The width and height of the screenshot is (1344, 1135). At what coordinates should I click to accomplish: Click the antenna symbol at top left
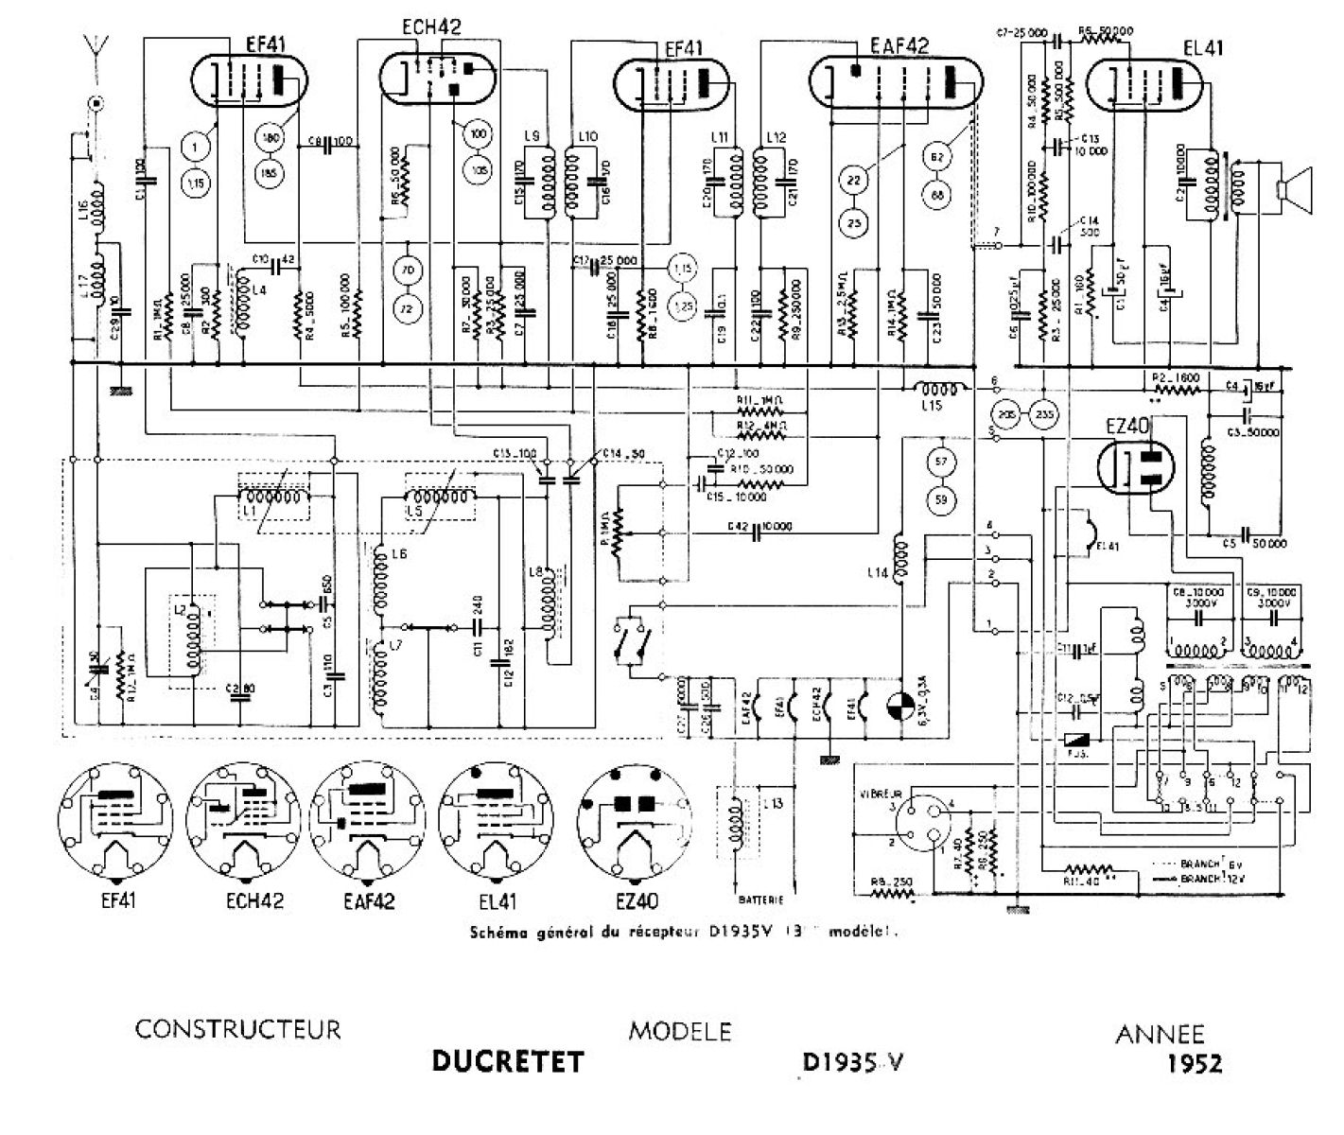click(x=95, y=45)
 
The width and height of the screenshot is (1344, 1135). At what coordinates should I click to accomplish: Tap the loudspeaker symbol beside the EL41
click(x=1293, y=188)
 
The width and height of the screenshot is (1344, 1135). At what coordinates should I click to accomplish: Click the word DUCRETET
click(x=507, y=1061)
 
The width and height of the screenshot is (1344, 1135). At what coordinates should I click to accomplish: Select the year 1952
click(x=1195, y=1063)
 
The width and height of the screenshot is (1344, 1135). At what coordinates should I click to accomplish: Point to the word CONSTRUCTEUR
click(x=237, y=1028)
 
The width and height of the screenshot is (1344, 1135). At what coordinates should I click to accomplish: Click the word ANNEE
click(x=1160, y=1034)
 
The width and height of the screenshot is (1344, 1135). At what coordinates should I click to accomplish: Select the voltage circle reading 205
click(x=1005, y=413)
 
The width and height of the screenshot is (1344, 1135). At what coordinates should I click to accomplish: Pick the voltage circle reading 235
click(x=1044, y=413)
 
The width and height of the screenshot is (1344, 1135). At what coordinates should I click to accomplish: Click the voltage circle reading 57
click(x=940, y=462)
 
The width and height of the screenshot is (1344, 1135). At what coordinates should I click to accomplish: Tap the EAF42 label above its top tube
click(x=899, y=45)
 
